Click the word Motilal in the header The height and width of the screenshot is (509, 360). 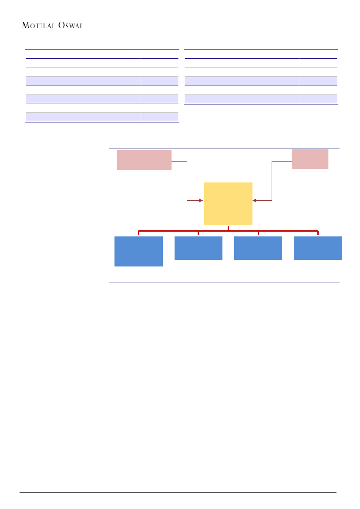click(x=38, y=26)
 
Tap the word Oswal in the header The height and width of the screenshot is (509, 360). click(x=70, y=26)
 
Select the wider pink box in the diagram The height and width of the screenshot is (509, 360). click(x=144, y=160)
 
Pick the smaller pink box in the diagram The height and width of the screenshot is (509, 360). click(x=310, y=158)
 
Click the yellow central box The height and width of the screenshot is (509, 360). click(x=228, y=203)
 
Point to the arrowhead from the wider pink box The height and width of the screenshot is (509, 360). click(x=201, y=200)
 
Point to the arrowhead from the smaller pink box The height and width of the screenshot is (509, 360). click(x=255, y=200)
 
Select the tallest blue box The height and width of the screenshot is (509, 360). click(x=138, y=251)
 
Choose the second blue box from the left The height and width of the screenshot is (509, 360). click(x=198, y=248)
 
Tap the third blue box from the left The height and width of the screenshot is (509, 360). click(x=258, y=248)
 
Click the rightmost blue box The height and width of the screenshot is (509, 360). click(x=318, y=248)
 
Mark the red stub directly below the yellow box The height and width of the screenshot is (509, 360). click(x=228, y=228)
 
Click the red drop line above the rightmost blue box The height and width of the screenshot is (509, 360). click(x=318, y=233)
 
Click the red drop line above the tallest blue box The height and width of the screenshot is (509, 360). click(x=139, y=233)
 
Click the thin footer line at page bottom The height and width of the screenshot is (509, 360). click(x=178, y=493)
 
